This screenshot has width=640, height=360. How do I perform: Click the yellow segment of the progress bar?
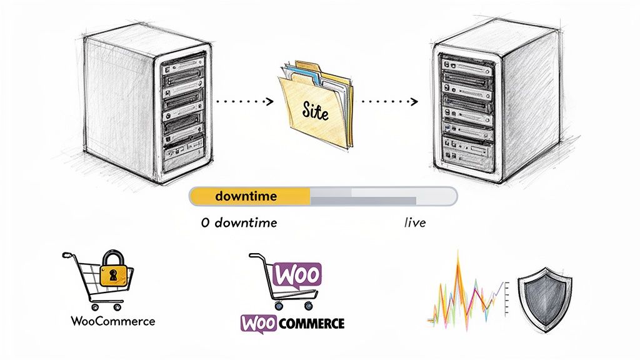point(250,196)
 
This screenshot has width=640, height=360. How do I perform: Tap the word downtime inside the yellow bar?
point(246,196)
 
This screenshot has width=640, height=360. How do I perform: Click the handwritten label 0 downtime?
point(239,222)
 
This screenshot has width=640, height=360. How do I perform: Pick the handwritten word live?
point(415,222)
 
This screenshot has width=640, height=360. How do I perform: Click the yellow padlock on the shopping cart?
point(113,269)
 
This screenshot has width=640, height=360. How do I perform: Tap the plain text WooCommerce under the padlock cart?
point(112,321)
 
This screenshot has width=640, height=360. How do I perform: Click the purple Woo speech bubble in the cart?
point(297,274)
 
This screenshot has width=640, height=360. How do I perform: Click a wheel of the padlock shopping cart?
point(95,307)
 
